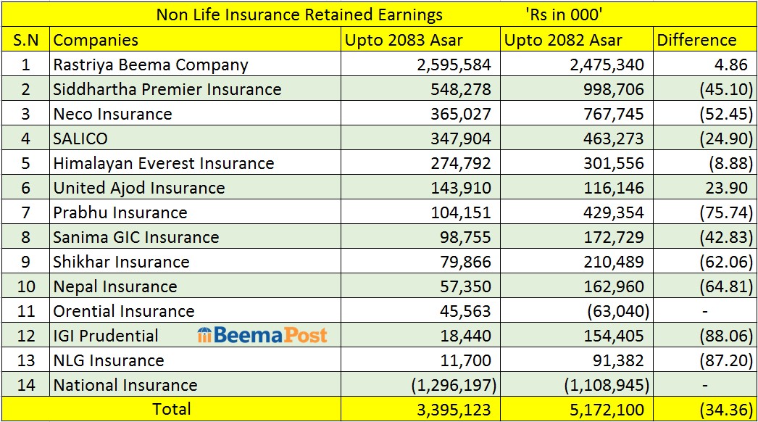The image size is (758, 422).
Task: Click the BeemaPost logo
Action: [262, 335]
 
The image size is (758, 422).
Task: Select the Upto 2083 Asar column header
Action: [404, 40]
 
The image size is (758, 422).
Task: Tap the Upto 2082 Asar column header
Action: [563, 40]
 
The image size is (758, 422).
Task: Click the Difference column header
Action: [696, 40]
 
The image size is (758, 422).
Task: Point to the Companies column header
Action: [96, 40]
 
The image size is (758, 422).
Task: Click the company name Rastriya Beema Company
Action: [150, 65]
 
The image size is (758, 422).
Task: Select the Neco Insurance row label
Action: [112, 115]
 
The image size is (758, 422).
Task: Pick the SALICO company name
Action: [80, 139]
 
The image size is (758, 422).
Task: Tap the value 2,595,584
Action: [454, 65]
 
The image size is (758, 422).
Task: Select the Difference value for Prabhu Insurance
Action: [726, 213]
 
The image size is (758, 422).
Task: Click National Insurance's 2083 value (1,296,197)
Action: [454, 385]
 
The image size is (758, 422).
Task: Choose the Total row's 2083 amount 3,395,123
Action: [454, 410]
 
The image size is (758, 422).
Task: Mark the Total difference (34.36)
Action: [726, 410]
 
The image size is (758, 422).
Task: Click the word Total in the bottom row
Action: [172, 410]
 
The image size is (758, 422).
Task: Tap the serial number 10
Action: [26, 286]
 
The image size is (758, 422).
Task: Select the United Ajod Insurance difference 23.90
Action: [726, 189]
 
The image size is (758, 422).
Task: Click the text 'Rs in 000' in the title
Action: [564, 15]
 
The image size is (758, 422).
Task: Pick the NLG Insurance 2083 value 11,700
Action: [465, 360]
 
